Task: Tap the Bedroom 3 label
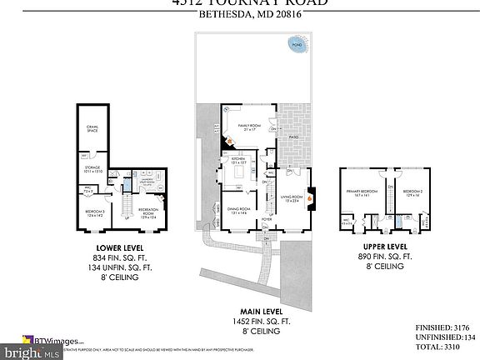click(x=95, y=212)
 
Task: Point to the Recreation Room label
click(x=147, y=211)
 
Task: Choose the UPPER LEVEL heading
click(x=385, y=247)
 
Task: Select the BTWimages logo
click(x=59, y=339)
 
